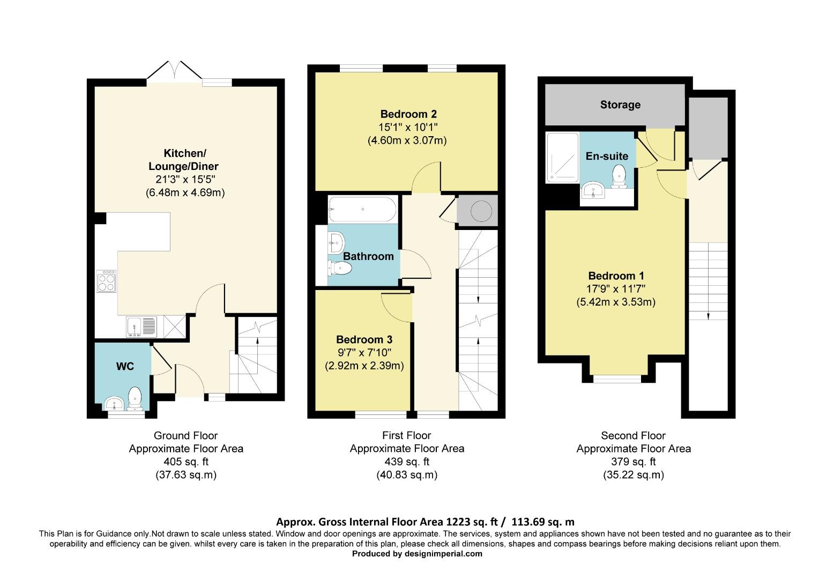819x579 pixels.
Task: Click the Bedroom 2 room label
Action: pos(408,114)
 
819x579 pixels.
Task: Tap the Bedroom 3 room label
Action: pos(364,339)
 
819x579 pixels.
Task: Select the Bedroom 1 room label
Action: pos(616,276)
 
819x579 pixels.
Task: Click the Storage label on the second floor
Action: pos(620,105)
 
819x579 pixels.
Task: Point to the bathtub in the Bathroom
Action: pos(362,209)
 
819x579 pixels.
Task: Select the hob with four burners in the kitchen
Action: pos(106,280)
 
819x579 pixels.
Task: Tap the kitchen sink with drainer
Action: pos(142,326)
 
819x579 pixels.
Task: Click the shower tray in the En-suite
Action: pos(562,158)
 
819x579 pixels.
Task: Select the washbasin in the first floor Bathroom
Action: pos(336,243)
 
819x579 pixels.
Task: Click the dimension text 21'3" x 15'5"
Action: pos(185,180)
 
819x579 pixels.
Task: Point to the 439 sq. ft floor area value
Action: pos(407,462)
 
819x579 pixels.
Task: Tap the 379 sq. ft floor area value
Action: pos(633,462)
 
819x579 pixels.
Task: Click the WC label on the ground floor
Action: pos(125,366)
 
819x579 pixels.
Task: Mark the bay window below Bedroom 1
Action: pos(617,378)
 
